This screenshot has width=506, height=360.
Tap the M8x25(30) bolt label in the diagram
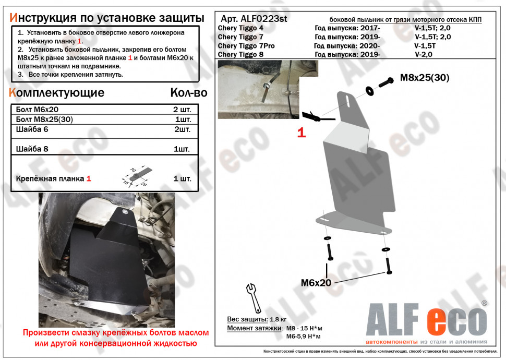(x=424, y=78)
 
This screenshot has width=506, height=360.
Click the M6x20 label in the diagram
(x=316, y=283)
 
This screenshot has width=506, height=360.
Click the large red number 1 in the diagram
(x=301, y=133)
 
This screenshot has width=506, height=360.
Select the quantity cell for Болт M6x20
(x=182, y=110)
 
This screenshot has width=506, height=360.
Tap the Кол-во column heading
(x=188, y=93)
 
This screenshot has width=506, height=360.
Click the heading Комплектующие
(x=57, y=93)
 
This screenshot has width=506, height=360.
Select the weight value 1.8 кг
(x=277, y=319)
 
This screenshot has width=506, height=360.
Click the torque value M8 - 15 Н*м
(x=304, y=328)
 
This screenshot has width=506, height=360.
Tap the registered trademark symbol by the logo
(x=484, y=303)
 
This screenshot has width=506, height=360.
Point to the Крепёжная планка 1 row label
(x=52, y=178)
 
